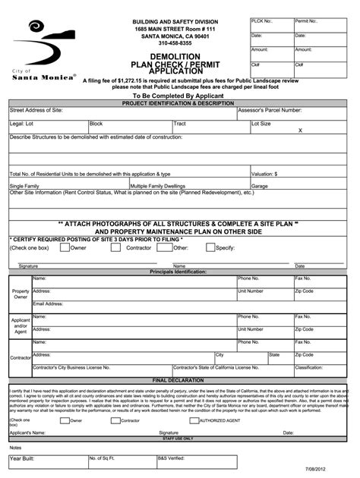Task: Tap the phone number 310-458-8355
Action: point(175,43)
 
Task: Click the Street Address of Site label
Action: point(36,110)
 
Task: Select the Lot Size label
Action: point(261,123)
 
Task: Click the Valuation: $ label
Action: point(264,174)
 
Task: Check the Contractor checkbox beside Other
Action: point(116,247)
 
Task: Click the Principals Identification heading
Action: point(178,271)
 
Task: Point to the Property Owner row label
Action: point(21,294)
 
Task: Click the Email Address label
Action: point(48,304)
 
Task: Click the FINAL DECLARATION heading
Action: point(178,380)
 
